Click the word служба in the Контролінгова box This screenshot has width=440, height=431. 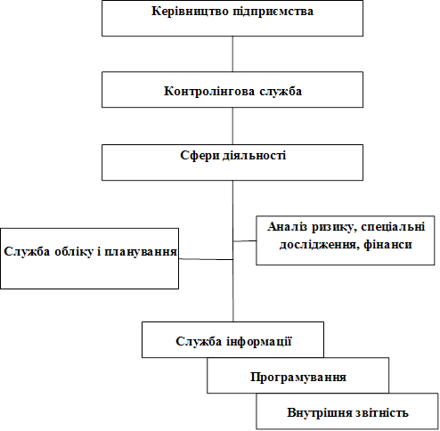(x=281, y=91)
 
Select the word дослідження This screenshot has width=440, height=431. (x=317, y=245)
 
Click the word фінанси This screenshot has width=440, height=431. (x=387, y=245)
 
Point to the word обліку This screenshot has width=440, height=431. (x=74, y=252)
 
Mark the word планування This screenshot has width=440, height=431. (x=141, y=252)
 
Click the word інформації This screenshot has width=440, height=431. (x=259, y=341)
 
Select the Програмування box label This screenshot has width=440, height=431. (x=298, y=378)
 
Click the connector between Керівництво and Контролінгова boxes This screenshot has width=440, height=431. (x=232, y=54)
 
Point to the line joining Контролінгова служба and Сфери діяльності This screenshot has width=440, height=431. (x=232, y=126)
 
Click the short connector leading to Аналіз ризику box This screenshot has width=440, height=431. (x=245, y=241)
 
